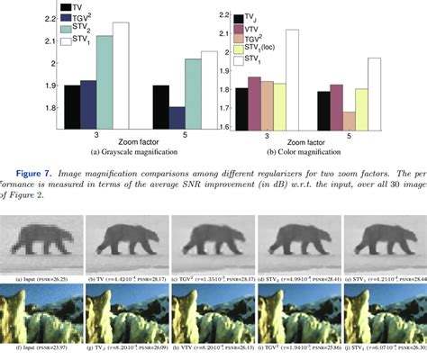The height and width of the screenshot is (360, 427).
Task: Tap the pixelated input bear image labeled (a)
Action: tap(41, 229)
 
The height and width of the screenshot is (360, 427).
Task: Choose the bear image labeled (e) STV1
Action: tap(384, 229)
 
